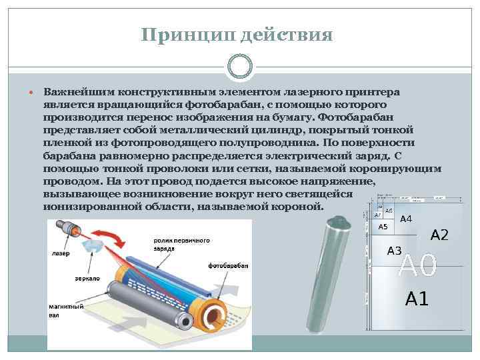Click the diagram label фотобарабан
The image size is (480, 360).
[228, 265]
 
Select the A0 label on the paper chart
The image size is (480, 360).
[417, 267]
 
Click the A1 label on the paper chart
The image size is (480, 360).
[417, 299]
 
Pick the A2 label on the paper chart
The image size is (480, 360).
[439, 235]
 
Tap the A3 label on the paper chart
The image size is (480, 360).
[394, 251]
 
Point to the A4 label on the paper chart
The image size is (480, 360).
[405, 219]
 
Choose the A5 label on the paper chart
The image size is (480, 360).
[383, 227]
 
